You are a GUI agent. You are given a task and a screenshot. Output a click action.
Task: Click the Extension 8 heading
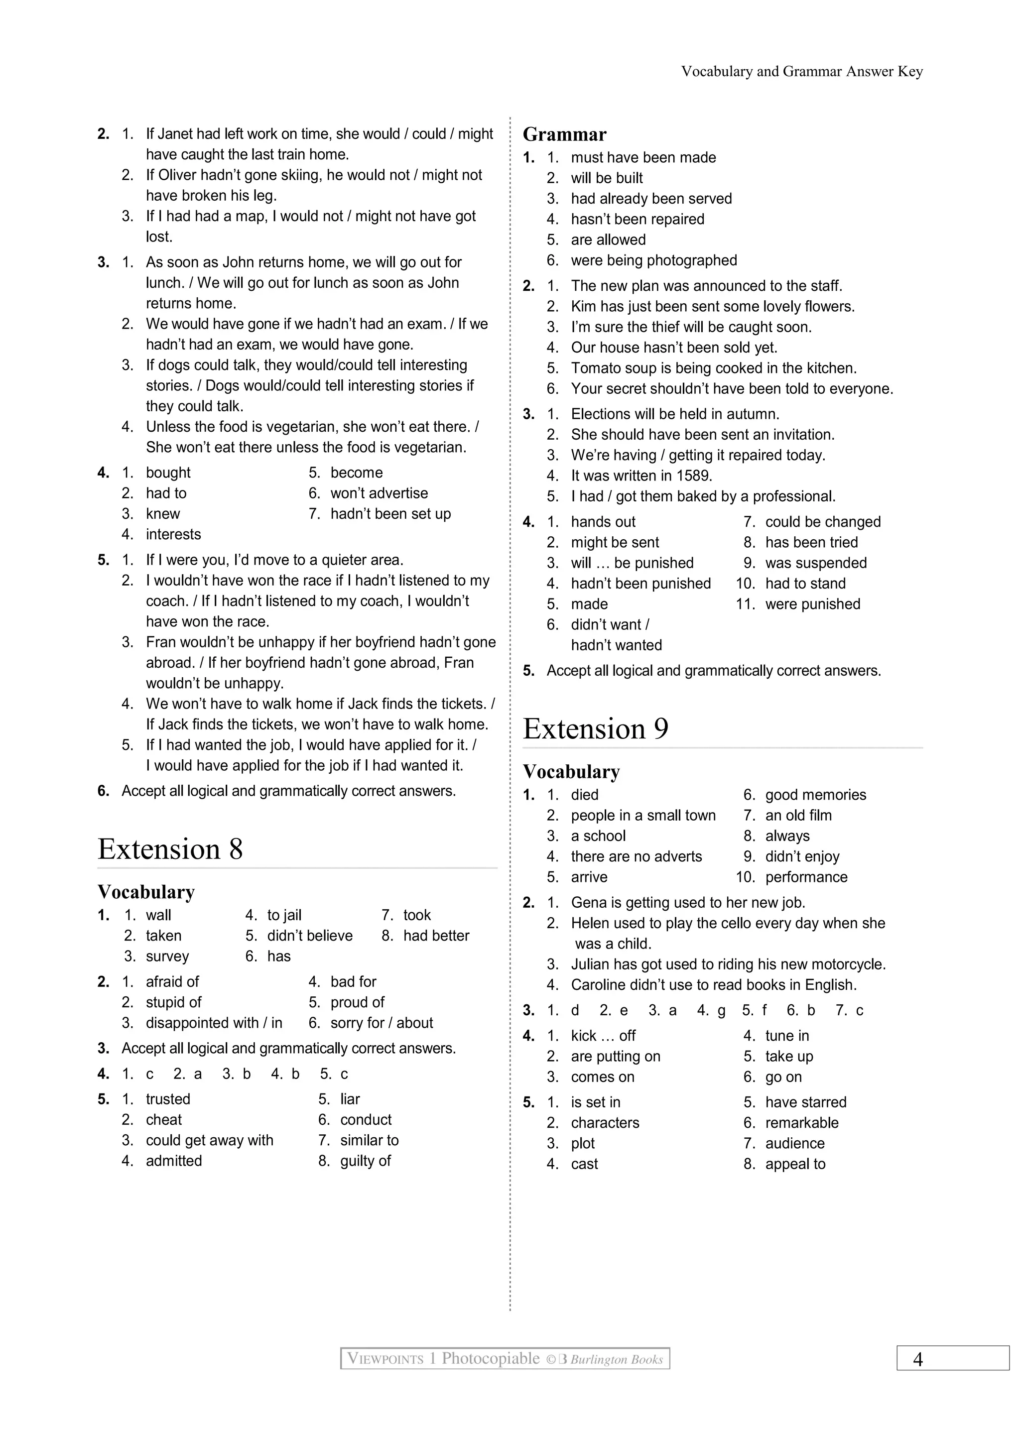[170, 849]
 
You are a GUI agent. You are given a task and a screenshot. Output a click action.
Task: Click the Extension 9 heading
[595, 729]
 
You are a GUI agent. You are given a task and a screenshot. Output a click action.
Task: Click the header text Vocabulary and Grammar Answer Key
[802, 72]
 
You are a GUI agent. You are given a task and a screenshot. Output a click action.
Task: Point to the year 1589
[694, 476]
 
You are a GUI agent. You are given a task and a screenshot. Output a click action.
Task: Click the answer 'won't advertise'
[379, 493]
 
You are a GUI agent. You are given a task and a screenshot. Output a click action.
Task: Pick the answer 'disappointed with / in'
[214, 1023]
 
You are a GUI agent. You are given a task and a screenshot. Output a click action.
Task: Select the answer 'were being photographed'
[653, 260]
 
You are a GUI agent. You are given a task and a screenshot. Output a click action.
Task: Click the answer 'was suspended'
[815, 563]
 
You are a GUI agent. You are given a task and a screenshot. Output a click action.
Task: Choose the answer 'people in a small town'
[643, 816]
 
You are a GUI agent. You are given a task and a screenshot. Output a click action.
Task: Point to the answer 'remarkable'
[801, 1123]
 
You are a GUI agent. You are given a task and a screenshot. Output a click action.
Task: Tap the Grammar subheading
[564, 134]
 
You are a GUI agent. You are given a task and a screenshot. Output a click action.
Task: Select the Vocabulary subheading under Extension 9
[571, 772]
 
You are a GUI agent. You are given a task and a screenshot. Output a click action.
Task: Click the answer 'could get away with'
[209, 1141]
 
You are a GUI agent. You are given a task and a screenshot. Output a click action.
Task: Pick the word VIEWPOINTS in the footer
[385, 1359]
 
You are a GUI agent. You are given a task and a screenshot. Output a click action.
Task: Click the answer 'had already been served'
[651, 199]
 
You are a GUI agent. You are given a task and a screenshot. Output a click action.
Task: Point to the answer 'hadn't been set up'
[390, 514]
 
